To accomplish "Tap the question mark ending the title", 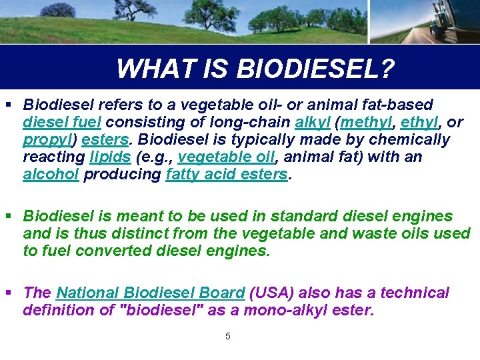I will [x=386, y=68].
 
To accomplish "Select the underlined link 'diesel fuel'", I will [x=63, y=123].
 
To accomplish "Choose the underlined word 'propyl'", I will [x=46, y=140].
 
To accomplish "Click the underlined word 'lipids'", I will [x=110, y=157].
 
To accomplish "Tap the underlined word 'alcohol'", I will [x=51, y=175].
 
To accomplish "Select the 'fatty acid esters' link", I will [x=227, y=175].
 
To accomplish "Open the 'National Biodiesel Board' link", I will [x=151, y=293].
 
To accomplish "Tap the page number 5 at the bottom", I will [x=228, y=336].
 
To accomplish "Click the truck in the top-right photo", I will [x=453, y=20].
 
